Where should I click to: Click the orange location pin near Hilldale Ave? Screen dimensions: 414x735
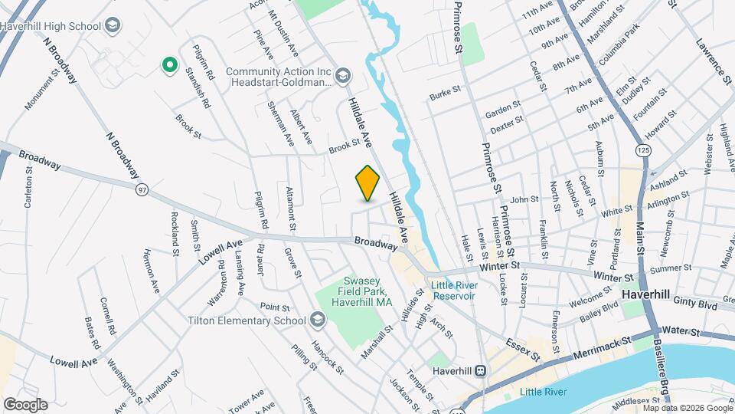(x=368, y=182)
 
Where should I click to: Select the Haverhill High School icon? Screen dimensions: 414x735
(x=113, y=26)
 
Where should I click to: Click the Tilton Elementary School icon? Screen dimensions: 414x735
(x=318, y=320)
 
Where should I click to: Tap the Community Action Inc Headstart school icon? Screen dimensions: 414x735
(x=343, y=75)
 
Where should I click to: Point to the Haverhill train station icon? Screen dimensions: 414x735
(x=480, y=371)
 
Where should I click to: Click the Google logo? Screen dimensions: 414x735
(x=25, y=404)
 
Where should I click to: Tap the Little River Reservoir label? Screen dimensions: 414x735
(x=454, y=291)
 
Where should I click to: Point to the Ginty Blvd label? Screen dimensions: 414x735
(x=697, y=305)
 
